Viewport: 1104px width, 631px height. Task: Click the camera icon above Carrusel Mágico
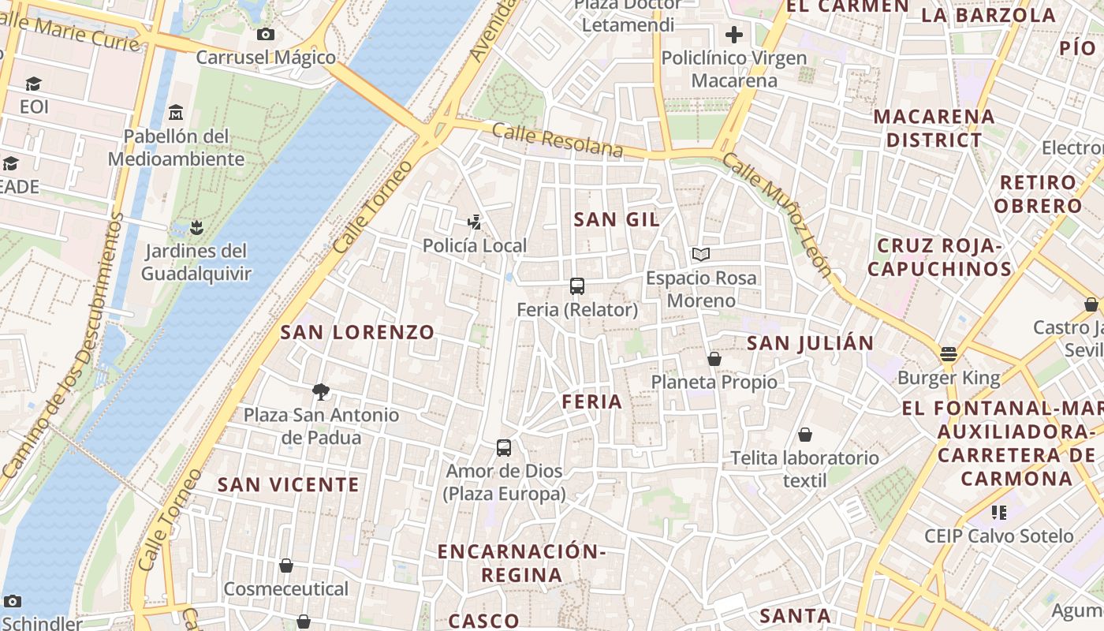point(266,34)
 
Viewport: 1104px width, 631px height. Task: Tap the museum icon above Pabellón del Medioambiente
point(176,112)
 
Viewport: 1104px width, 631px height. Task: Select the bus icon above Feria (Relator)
point(577,286)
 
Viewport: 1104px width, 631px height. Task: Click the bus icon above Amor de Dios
point(504,448)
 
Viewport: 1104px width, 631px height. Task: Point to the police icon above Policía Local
point(474,222)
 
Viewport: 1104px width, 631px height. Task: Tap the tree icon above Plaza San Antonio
point(320,391)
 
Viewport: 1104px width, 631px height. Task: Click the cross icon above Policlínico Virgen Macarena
point(734,35)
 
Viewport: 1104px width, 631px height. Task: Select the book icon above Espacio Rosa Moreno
point(700,254)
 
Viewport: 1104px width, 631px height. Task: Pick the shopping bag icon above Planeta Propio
point(714,359)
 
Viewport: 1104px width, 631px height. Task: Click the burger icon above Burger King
point(949,353)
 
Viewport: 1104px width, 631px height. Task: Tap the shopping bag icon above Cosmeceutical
point(286,566)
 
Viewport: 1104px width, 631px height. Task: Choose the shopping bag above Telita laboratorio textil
point(805,435)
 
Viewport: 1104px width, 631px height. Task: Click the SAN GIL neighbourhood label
point(617,220)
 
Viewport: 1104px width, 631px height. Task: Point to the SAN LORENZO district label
point(358,333)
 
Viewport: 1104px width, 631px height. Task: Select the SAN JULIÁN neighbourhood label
point(810,343)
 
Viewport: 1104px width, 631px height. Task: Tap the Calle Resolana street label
point(558,140)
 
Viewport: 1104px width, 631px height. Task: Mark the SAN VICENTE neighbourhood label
point(289,485)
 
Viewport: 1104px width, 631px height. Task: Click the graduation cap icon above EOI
point(33,84)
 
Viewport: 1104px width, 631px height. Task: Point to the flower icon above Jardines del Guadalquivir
point(196,228)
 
